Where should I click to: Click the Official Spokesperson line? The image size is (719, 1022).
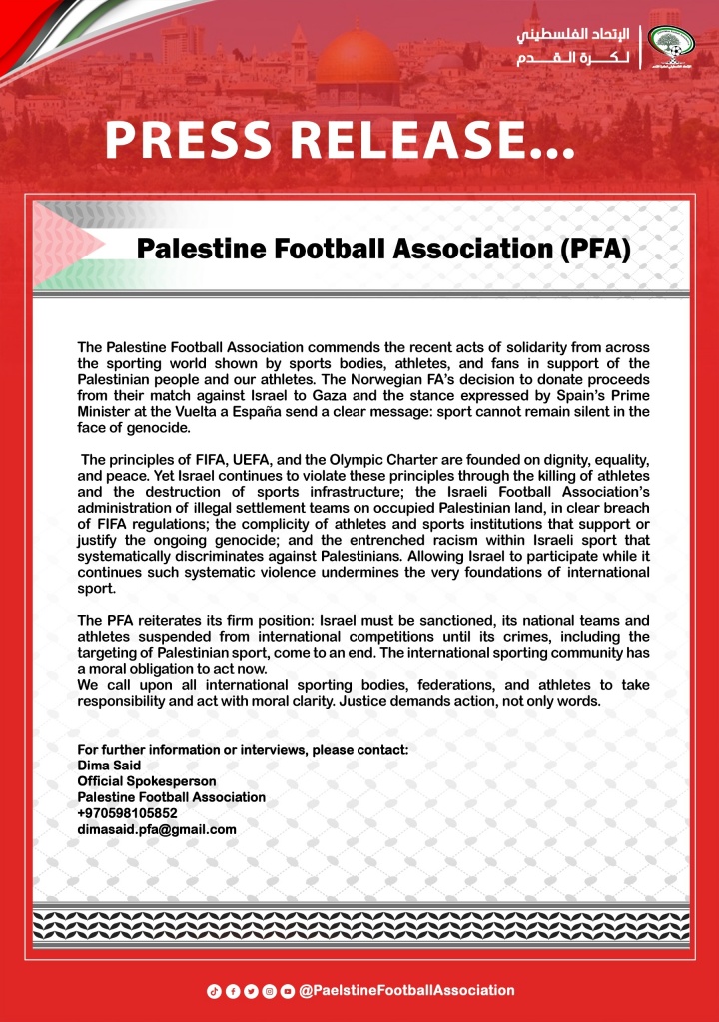pyautogui.click(x=147, y=781)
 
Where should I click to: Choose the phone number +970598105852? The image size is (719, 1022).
pyautogui.click(x=127, y=813)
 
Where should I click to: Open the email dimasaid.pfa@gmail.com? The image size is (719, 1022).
pyautogui.click(x=157, y=829)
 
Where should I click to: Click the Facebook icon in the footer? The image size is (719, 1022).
pyautogui.click(x=232, y=991)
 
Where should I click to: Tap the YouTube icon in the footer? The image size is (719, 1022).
pyautogui.click(x=288, y=991)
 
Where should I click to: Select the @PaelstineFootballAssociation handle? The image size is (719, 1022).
pyautogui.click(x=406, y=990)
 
